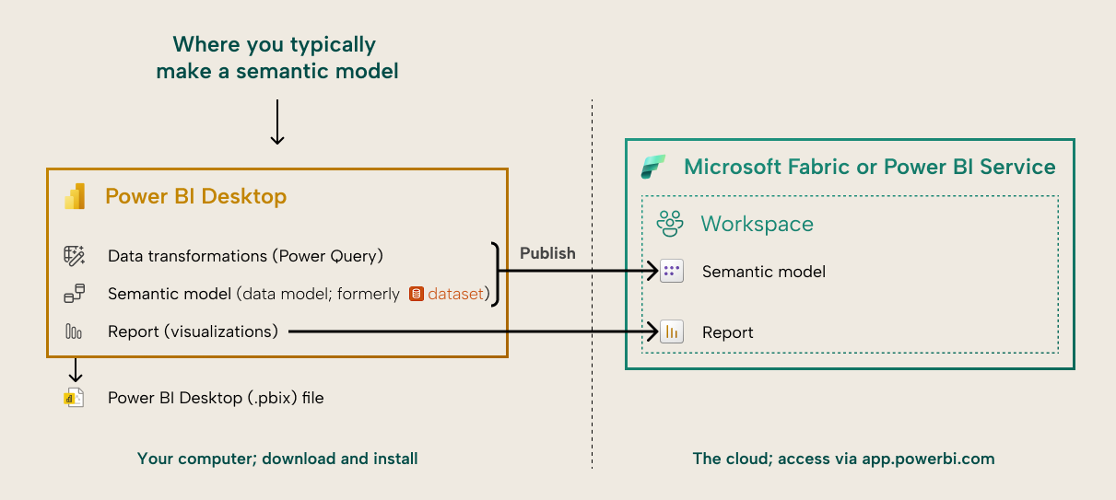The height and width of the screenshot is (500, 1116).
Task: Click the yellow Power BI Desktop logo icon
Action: coord(74,196)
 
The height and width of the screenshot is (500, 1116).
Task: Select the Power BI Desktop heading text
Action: coord(195,196)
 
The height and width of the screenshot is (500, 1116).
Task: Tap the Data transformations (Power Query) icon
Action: coord(74,256)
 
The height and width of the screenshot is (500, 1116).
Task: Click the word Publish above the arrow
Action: coord(547,253)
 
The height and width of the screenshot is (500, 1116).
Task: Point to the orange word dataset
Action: coord(456,295)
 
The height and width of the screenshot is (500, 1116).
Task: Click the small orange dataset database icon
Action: coord(417,295)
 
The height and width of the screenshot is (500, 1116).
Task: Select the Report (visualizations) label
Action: coord(193,331)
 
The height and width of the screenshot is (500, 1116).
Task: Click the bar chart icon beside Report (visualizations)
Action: coord(74,331)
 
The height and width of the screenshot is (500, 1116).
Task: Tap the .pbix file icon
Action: coord(74,398)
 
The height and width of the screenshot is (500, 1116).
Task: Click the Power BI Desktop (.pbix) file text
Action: coord(216,398)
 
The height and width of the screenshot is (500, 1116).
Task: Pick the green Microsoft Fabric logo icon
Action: coord(653,168)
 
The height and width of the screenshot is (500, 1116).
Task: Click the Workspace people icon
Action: coord(670,224)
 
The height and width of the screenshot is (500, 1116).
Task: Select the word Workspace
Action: coord(757,224)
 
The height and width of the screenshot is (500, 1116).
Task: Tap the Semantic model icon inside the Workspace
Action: coord(672,272)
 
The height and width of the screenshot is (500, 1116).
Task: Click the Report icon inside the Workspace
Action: coord(672,332)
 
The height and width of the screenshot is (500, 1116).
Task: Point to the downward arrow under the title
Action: coord(276,122)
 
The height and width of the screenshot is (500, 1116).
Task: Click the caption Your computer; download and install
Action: coord(277,459)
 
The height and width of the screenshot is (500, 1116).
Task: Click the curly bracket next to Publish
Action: coord(498,273)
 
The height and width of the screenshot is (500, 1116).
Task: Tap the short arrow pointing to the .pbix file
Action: coord(76,370)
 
